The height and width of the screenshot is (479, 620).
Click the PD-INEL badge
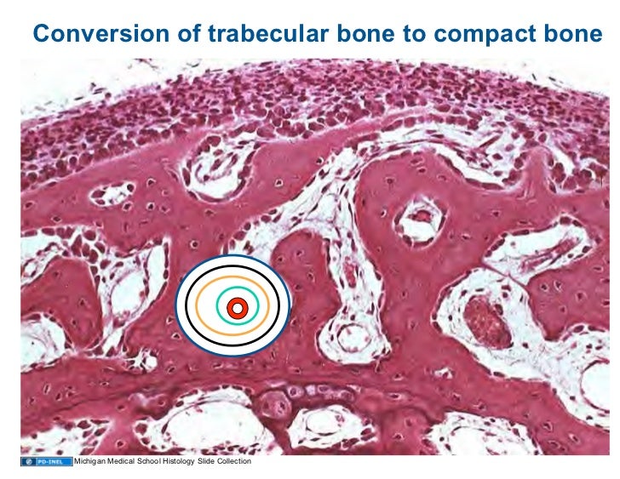pos(44,461)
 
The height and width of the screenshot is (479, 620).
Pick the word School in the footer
pos(149,461)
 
